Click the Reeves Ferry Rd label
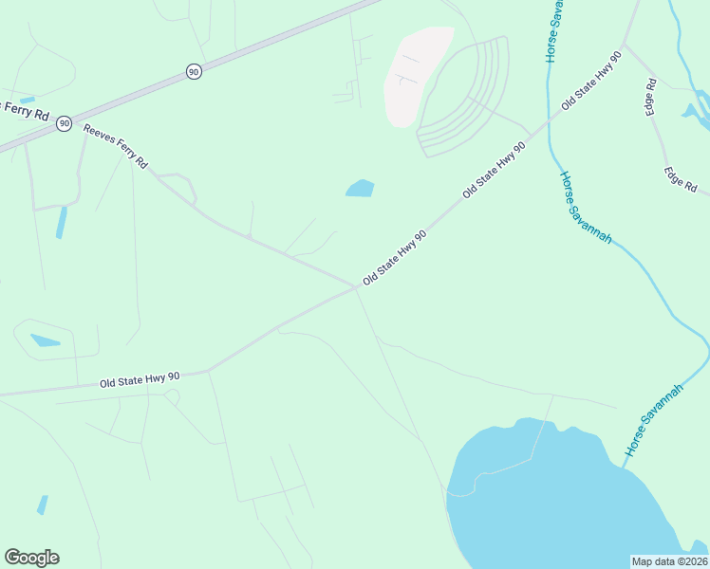point(116,146)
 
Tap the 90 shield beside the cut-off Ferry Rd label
point(64,123)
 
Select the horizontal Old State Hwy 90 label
point(140,380)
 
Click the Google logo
point(31,558)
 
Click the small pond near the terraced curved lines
point(360,189)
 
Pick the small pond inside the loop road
point(45,340)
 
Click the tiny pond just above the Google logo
point(42,505)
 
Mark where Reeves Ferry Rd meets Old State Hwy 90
point(355,286)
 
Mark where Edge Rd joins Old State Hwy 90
point(624,45)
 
